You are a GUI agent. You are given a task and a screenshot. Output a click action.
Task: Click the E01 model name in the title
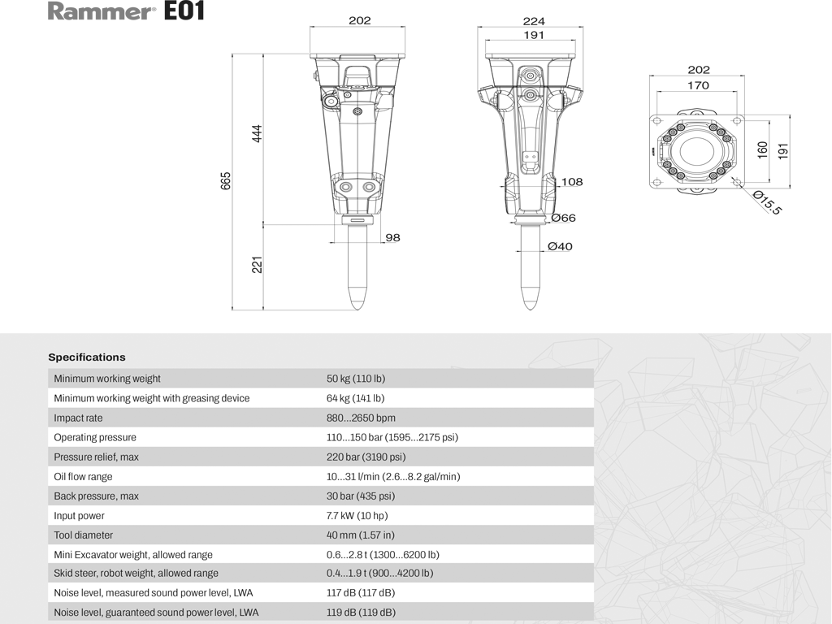click(x=184, y=11)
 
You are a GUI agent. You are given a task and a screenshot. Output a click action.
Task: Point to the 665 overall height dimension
click(x=227, y=180)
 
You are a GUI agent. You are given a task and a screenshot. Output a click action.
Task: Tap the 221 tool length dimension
click(x=257, y=265)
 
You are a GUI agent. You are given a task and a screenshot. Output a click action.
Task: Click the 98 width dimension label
click(x=392, y=237)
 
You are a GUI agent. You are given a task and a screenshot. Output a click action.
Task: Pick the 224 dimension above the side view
click(x=534, y=21)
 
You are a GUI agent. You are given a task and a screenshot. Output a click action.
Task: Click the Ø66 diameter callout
click(x=563, y=218)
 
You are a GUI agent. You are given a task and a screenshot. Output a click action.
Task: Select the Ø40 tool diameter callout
click(x=560, y=246)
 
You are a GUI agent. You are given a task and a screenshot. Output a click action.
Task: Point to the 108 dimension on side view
click(x=572, y=182)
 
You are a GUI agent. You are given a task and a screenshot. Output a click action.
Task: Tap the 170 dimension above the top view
click(x=698, y=84)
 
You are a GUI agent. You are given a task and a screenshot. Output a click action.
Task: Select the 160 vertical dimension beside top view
click(x=763, y=150)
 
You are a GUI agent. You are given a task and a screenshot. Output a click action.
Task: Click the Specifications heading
click(x=87, y=357)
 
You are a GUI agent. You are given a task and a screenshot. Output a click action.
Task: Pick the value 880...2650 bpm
click(x=361, y=418)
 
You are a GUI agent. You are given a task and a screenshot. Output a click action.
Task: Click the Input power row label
click(x=80, y=515)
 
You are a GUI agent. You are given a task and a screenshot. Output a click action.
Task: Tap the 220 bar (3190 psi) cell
click(x=366, y=457)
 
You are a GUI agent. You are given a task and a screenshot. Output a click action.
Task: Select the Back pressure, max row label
click(x=96, y=496)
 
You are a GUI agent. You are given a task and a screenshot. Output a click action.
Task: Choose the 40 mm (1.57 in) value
click(x=361, y=535)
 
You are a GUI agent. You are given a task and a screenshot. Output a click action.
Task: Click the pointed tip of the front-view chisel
click(x=358, y=308)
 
